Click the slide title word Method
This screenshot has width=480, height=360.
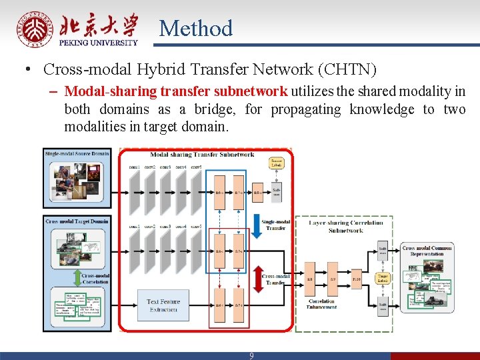pyautogui.click(x=196, y=28)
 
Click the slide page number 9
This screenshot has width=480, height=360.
pyautogui.click(x=251, y=356)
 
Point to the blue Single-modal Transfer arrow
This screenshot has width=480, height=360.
pyautogui.click(x=257, y=223)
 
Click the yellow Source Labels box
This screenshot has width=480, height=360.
pyautogui.click(x=276, y=164)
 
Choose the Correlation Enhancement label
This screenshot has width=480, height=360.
pyautogui.click(x=322, y=304)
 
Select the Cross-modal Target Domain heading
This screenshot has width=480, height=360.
pyautogui.click(x=77, y=220)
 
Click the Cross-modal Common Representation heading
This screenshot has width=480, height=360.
pyautogui.click(x=427, y=251)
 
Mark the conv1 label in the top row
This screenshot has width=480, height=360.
pyautogui.click(x=134, y=166)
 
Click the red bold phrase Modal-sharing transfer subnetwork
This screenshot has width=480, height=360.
pyautogui.click(x=176, y=91)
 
